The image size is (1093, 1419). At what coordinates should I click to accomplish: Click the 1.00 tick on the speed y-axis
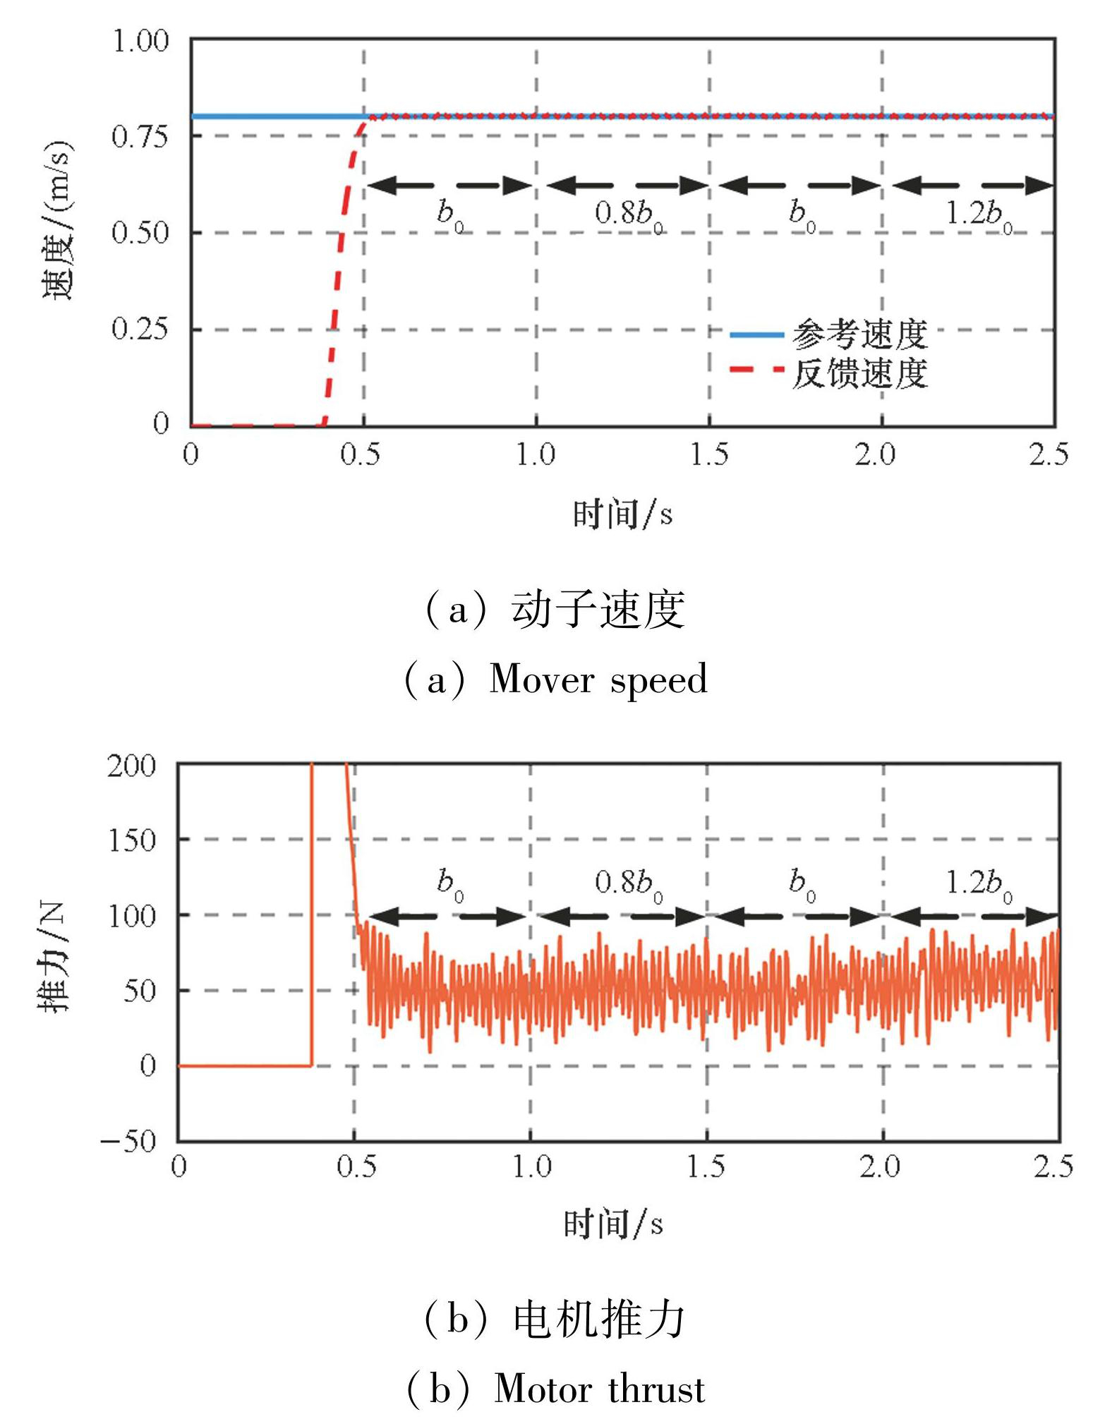(141, 41)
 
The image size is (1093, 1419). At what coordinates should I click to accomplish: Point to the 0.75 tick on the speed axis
(141, 136)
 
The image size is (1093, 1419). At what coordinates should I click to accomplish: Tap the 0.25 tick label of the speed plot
(141, 329)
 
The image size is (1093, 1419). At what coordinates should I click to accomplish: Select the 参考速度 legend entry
(859, 334)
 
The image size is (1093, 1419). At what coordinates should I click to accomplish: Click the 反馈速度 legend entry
(859, 374)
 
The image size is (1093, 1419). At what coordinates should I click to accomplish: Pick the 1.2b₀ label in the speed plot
(978, 214)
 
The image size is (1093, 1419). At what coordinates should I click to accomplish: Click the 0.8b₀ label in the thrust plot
(629, 883)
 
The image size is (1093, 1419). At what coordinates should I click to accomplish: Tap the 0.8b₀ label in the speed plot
(629, 214)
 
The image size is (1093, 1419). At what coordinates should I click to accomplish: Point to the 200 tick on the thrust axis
(131, 766)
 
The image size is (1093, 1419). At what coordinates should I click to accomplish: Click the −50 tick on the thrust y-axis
(128, 1141)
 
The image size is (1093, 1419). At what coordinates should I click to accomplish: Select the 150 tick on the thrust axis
(131, 840)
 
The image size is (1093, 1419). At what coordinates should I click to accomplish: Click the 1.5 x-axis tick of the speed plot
(708, 455)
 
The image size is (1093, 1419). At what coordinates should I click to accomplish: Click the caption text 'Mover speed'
(598, 680)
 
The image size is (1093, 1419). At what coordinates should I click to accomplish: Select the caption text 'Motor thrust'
(599, 1389)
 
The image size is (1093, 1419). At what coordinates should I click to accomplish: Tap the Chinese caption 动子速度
(598, 610)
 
